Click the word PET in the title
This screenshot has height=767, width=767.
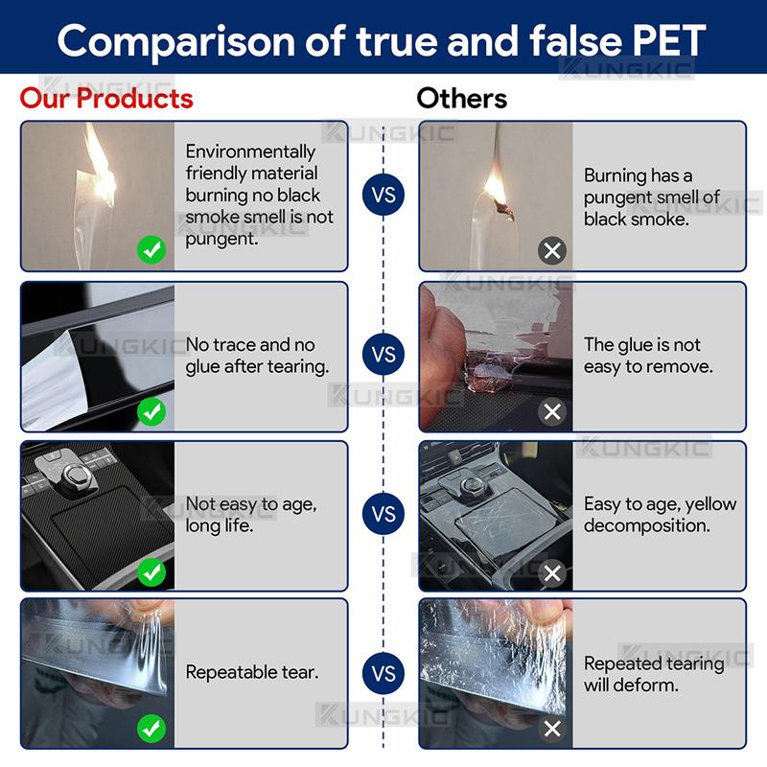[x=669, y=41]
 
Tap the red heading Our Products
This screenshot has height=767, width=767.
[x=106, y=99]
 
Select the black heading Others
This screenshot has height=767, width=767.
[x=462, y=99]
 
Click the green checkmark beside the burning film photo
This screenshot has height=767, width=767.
[x=151, y=250]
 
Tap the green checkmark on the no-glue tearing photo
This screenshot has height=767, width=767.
[x=151, y=411]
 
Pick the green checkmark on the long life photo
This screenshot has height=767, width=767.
[x=151, y=571]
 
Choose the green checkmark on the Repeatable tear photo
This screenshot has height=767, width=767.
[x=151, y=729]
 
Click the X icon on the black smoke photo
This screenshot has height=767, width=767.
[x=552, y=251]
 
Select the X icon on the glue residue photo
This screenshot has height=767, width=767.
[x=552, y=411]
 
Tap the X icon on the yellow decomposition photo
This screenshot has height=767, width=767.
[x=552, y=572]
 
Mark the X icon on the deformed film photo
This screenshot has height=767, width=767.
[x=552, y=729]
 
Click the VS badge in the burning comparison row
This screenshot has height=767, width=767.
[x=383, y=195]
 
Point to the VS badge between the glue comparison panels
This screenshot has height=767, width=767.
[x=383, y=354]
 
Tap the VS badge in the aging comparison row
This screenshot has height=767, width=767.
[x=383, y=514]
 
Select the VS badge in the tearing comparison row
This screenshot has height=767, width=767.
[x=383, y=673]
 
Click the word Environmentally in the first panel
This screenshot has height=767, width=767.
[x=250, y=151]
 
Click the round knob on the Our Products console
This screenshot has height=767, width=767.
[x=75, y=474]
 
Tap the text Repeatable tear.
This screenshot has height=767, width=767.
[x=252, y=673]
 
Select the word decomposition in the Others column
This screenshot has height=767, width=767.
[x=646, y=525]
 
